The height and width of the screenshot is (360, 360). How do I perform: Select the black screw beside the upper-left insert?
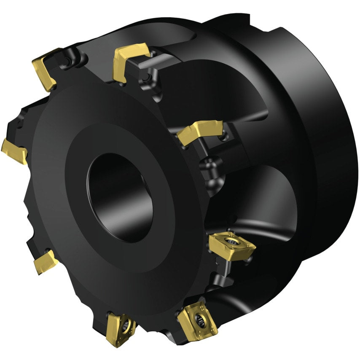(67, 63)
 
